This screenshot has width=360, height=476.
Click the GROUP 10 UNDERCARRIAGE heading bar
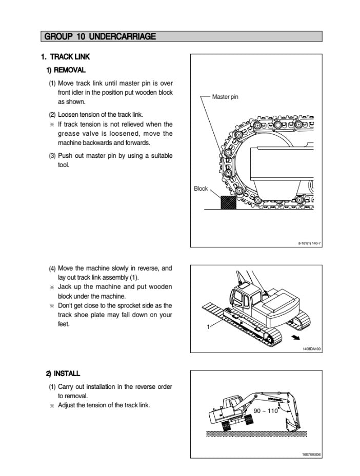pos(182,36)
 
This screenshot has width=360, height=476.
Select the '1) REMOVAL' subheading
pos(66,70)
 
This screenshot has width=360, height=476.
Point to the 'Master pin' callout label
pos(225,97)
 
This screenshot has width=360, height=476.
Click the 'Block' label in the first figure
pos(201,189)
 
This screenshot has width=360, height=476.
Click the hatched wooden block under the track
pos(228,202)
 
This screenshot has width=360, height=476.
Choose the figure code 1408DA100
pos(311,348)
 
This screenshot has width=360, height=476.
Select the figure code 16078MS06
pos(311,454)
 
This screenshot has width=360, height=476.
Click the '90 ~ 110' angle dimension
pos(266,411)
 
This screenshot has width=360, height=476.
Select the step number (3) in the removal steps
pos(52,156)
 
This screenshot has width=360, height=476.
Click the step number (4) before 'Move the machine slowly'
pos(52,268)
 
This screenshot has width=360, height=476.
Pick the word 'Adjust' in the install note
pos(68,405)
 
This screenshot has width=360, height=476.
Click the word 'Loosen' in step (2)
pos(69,114)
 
